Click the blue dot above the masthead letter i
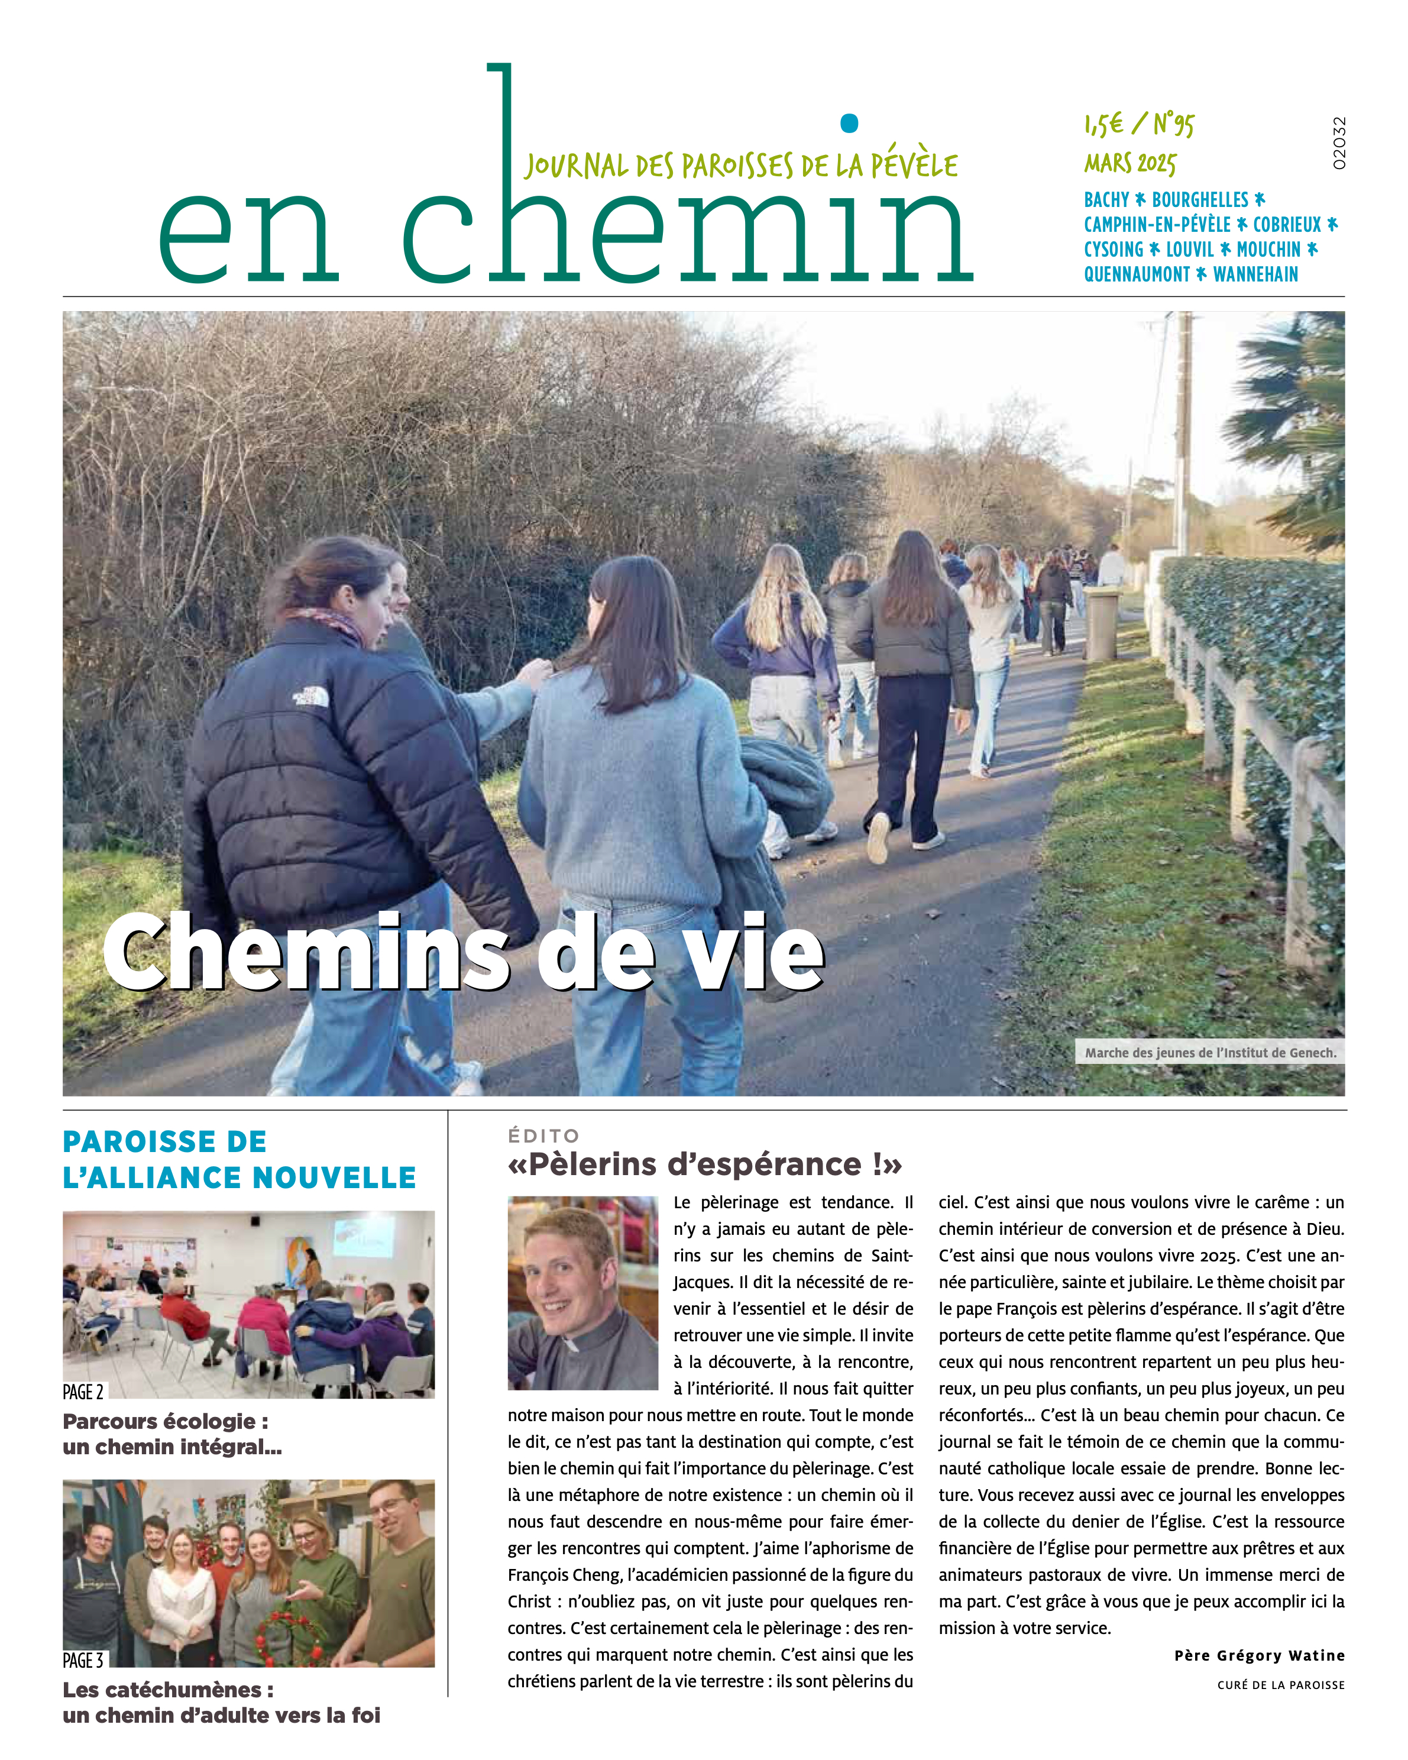[x=849, y=123]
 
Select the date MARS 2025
[x=1129, y=163]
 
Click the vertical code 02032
[x=1339, y=144]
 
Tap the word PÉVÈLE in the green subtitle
[x=914, y=166]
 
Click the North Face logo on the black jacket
[x=310, y=696]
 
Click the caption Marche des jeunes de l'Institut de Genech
[x=1210, y=1052]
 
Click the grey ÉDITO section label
[x=543, y=1135]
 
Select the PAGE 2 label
[x=83, y=1392]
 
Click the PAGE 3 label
[x=83, y=1661]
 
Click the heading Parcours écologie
[x=165, y=1421]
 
